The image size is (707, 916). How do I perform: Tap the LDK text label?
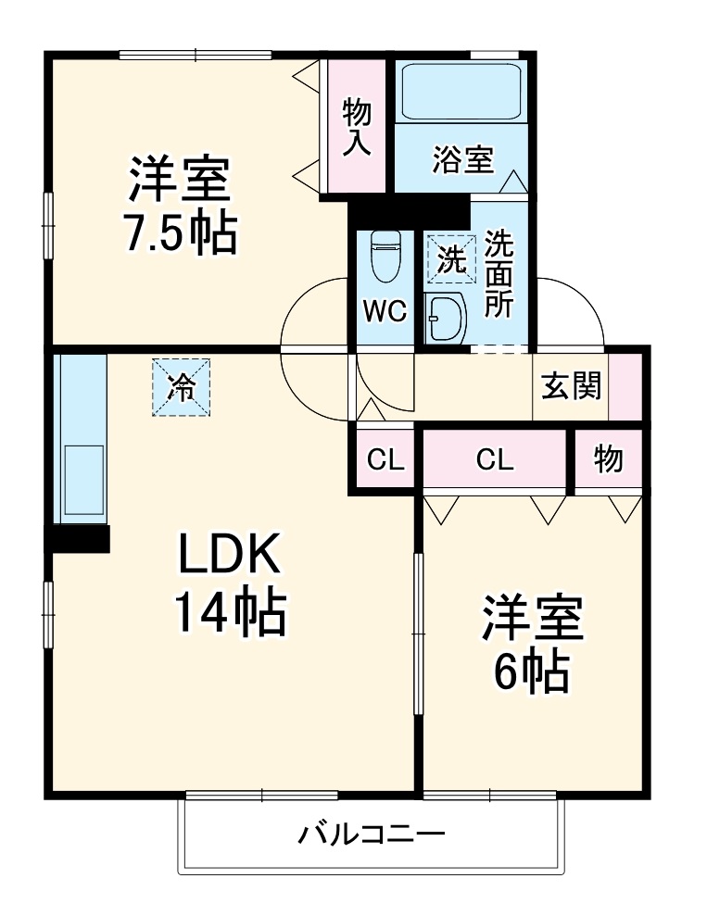pyautogui.click(x=229, y=557)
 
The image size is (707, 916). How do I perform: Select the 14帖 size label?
pyautogui.click(x=229, y=612)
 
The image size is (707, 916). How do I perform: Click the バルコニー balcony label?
pyautogui.click(x=371, y=835)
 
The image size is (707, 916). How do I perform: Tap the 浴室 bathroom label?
pyautogui.click(x=462, y=159)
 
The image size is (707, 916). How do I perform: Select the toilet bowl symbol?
pyautogui.click(x=384, y=256)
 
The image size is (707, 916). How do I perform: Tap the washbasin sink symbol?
pyautogui.click(x=446, y=320)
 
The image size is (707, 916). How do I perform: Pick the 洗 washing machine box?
pyautogui.click(x=450, y=258)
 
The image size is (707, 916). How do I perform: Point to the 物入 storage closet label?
pyautogui.click(x=358, y=127)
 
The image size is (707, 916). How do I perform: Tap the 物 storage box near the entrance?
pyautogui.click(x=608, y=459)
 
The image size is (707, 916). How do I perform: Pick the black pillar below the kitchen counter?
pyautogui.click(x=78, y=538)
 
